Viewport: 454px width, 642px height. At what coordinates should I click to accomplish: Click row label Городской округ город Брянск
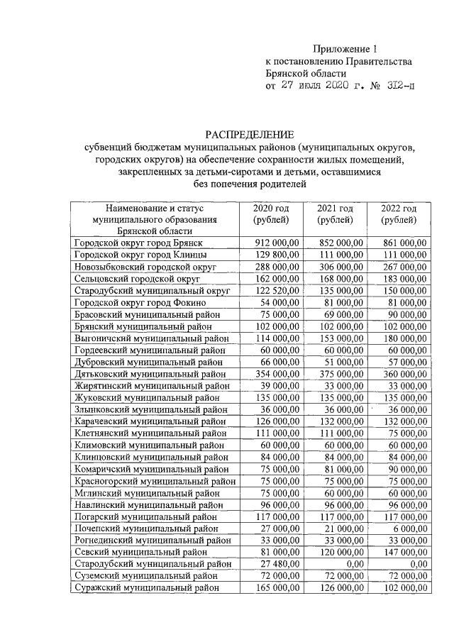point(139,243)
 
